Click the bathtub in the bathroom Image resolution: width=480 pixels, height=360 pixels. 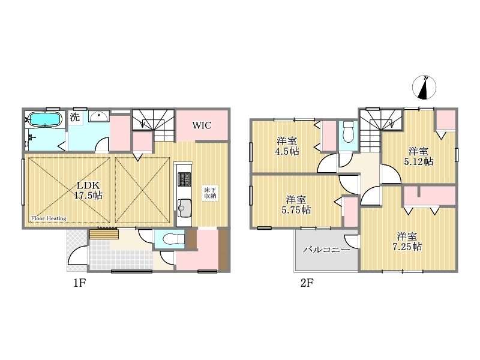(45, 119)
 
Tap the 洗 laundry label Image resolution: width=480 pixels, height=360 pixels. (74, 116)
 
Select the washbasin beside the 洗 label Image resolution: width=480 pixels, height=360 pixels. (98, 116)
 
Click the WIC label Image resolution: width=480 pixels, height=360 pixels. (202, 125)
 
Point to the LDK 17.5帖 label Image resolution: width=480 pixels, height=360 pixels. (88, 190)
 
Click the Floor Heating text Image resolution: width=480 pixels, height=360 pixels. (49, 218)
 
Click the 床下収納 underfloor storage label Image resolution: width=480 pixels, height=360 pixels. (211, 193)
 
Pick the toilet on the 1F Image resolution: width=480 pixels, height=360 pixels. (173, 238)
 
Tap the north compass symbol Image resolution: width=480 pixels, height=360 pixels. (424, 87)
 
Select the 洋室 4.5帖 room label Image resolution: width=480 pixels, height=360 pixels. (287, 146)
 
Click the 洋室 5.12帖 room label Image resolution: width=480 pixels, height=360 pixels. (419, 157)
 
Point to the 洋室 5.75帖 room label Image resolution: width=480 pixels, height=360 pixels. (296, 205)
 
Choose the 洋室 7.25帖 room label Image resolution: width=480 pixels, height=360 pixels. (407, 242)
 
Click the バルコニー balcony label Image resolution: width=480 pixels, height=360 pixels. (326, 250)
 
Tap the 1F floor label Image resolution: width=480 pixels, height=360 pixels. (79, 283)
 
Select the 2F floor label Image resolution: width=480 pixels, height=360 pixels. (307, 283)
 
